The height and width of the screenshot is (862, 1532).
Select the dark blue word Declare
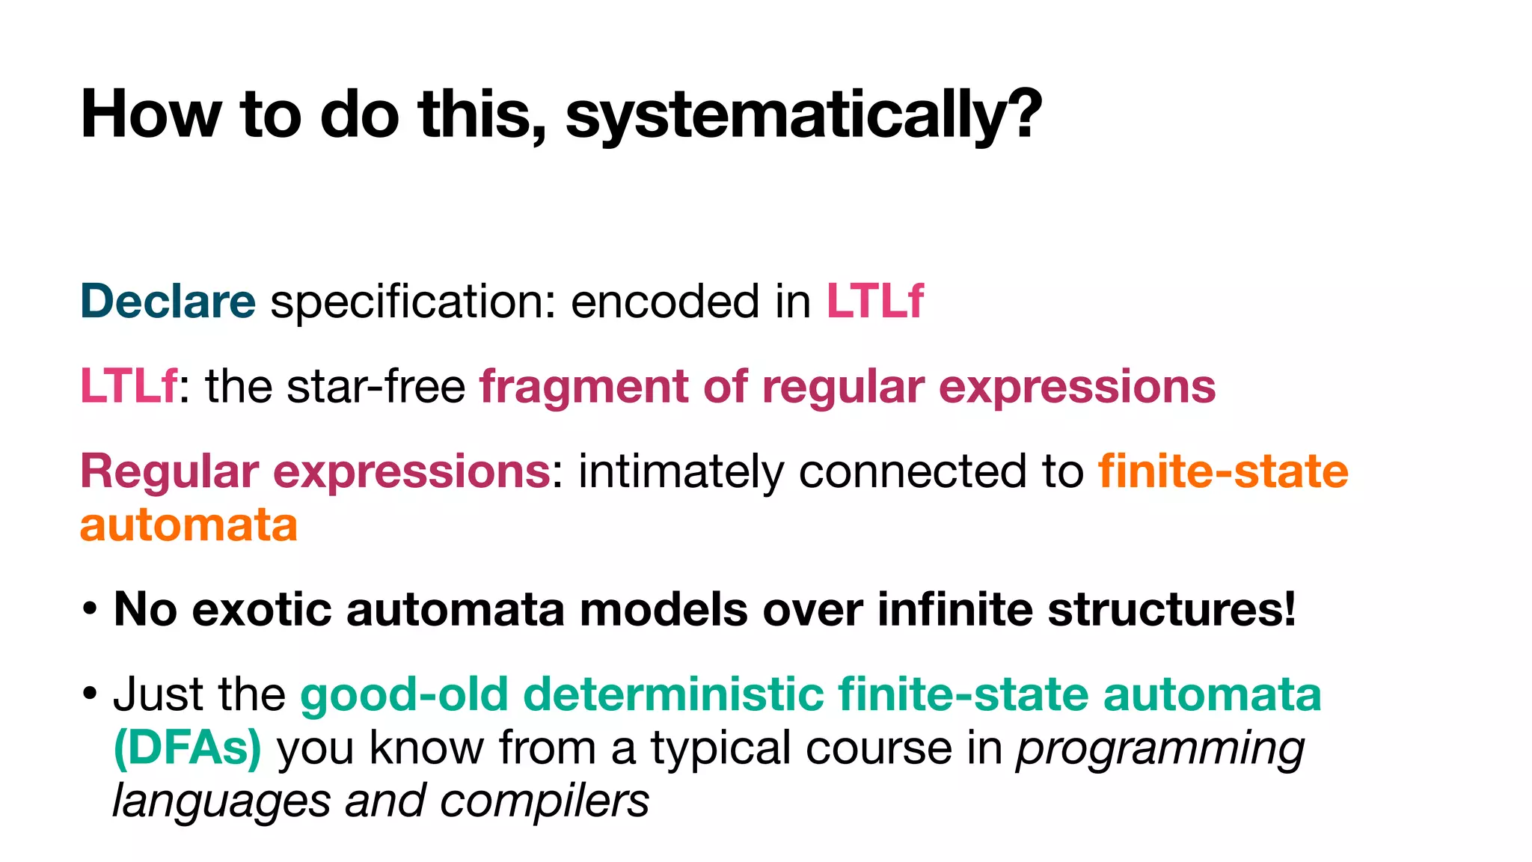pos(168,302)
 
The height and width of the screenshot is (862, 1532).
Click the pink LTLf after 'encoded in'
pos(874,302)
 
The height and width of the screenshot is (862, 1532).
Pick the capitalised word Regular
pos(169,472)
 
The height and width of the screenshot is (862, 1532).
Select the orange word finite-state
pos(1222,472)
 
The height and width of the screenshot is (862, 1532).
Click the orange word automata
pos(189,525)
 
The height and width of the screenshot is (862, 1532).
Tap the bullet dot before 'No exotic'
pos(90,609)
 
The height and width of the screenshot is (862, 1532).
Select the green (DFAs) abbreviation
pos(187,748)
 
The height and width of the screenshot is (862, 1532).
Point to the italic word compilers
pos(544,801)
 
